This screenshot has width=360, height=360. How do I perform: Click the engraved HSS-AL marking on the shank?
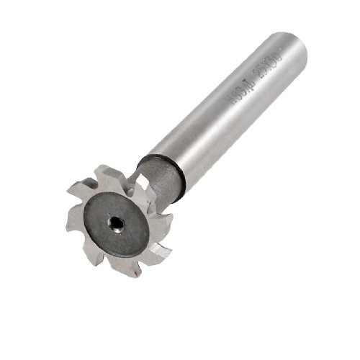click(x=241, y=91)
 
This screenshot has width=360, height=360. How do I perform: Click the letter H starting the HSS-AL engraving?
click(x=231, y=102)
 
